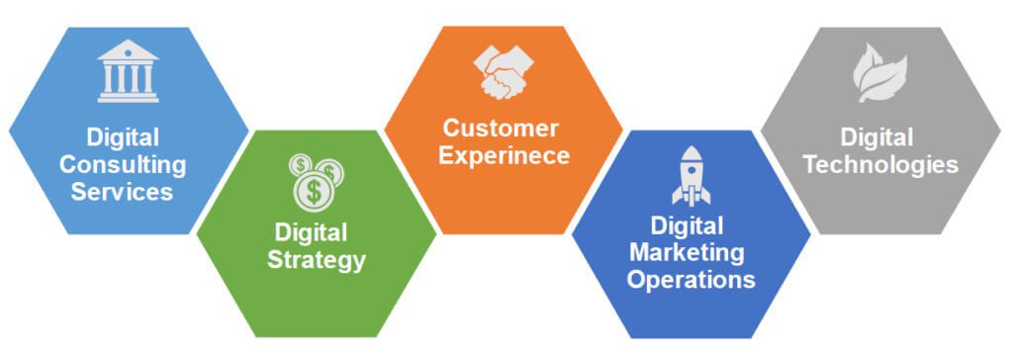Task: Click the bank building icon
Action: click(x=128, y=71)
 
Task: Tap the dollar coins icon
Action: click(x=316, y=180)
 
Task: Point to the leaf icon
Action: click(x=879, y=73)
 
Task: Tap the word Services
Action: click(x=123, y=190)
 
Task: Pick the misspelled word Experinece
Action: click(x=506, y=155)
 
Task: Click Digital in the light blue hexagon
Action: click(x=123, y=136)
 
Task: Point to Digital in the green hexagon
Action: click(x=312, y=234)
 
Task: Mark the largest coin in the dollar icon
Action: click(x=314, y=191)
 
